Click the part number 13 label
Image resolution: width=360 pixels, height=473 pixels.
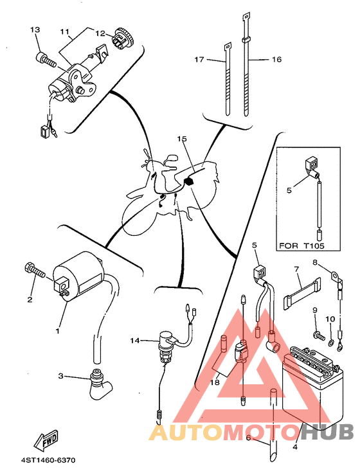coord(35,30)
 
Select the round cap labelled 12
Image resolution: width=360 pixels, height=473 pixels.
coord(123,38)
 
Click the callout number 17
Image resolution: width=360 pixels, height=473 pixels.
coord(199,59)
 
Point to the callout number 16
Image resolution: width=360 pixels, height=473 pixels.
coord(276,59)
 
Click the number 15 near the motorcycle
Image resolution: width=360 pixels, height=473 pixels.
coord(182,139)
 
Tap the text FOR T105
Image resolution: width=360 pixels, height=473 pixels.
coord(301,245)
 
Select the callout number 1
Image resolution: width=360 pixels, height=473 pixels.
coord(57,331)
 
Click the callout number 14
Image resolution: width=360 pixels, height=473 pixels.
coord(135,341)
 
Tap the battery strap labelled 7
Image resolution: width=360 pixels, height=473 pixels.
coord(301,295)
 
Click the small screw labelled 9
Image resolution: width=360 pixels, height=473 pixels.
coord(319,335)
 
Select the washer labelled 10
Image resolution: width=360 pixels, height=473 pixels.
coord(330,342)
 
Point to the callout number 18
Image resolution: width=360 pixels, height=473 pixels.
coord(215,382)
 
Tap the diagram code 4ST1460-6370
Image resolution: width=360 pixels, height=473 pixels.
coord(48,460)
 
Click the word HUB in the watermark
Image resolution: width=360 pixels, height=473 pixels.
coord(328,432)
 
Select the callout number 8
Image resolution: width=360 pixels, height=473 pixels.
coord(315,262)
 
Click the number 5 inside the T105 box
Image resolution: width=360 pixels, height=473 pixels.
coord(289,190)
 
